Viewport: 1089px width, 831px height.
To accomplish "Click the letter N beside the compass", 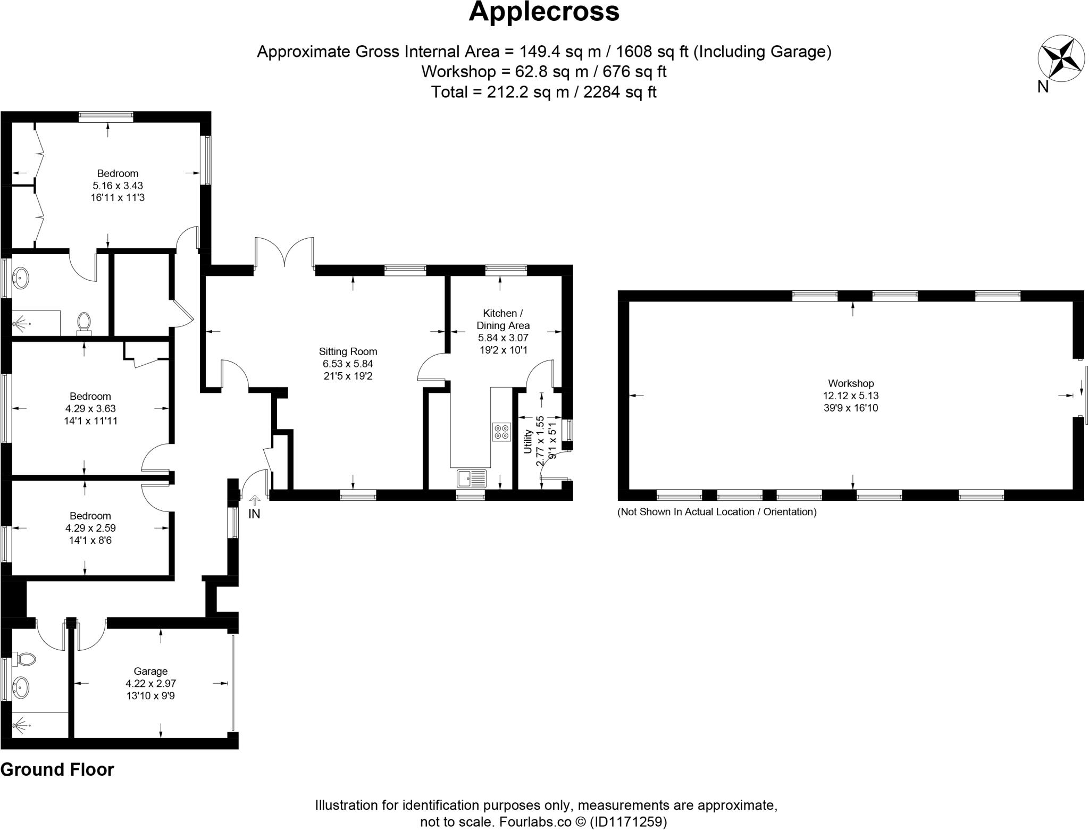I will point(1043,87).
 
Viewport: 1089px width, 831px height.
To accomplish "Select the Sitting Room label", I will point(348,351).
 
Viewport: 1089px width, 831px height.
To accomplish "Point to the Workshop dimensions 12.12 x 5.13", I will point(850,396).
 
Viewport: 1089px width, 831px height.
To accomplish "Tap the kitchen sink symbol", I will point(472,478).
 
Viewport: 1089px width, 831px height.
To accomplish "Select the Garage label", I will point(150,671).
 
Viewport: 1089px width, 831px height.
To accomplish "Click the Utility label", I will point(528,441).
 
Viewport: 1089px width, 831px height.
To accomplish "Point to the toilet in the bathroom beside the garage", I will point(25,659).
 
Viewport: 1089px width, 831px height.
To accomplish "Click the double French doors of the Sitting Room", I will point(284,253).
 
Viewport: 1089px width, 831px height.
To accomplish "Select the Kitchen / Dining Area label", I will point(502,319).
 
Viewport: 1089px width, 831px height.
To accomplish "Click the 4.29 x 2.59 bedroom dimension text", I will point(90,528).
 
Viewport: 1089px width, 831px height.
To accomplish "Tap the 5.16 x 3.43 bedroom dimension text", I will point(118,186).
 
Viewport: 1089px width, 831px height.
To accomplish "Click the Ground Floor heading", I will point(57,769).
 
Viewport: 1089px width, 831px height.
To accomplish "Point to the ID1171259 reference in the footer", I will point(628,821).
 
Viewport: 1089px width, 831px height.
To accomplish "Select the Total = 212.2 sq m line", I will point(543,92).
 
